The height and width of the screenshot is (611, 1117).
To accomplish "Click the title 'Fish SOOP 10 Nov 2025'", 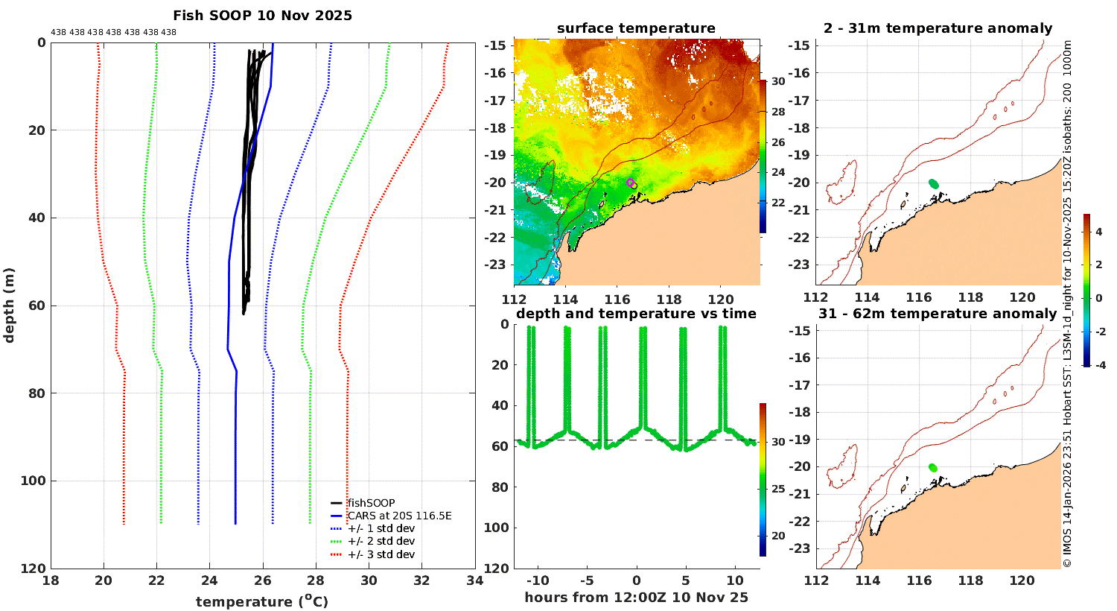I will (x=262, y=16).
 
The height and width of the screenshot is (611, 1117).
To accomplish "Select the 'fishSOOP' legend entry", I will (x=371, y=503).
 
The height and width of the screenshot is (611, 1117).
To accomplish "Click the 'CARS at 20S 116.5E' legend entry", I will (x=399, y=516).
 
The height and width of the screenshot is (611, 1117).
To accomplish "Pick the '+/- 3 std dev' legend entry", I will (x=381, y=554).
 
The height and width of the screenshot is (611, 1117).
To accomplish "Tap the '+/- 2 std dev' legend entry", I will (x=381, y=541).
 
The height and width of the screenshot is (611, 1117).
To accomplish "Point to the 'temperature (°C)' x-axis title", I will (x=262, y=601).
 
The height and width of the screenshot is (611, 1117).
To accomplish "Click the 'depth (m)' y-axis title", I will (x=9, y=305).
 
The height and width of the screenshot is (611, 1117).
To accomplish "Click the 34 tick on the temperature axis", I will (x=474, y=581).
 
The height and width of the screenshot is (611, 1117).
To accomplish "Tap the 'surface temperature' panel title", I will (x=636, y=28).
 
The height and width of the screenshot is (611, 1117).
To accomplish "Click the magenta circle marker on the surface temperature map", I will (x=630, y=183).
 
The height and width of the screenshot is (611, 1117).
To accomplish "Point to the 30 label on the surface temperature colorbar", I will (x=777, y=81).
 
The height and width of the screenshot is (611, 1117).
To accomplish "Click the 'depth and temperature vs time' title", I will (x=636, y=314).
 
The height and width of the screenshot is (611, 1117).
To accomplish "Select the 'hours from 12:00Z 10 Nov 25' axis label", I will (x=636, y=597).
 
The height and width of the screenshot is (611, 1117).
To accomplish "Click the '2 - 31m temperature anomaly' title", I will (x=938, y=28).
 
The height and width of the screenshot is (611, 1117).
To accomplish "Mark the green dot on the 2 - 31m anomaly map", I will (x=934, y=183).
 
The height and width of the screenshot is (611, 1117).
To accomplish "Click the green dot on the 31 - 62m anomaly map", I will (x=933, y=467).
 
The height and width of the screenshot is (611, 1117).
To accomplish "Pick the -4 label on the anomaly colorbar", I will (x=1098, y=365).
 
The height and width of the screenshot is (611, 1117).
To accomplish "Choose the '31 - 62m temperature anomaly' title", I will (x=938, y=314).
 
